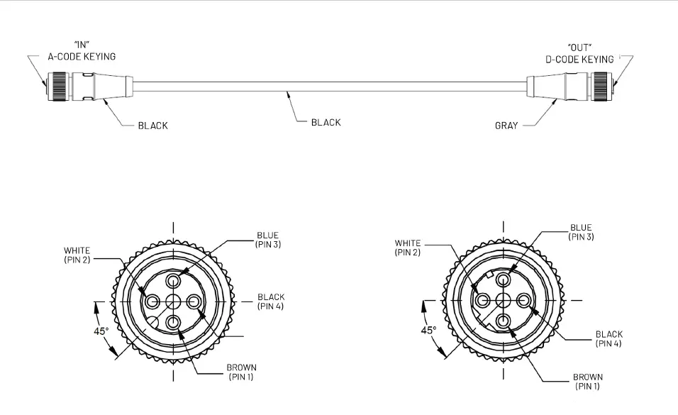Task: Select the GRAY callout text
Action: pyautogui.click(x=506, y=126)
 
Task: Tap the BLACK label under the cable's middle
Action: pyautogui.click(x=326, y=122)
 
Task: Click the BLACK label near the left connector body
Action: pyautogui.click(x=153, y=126)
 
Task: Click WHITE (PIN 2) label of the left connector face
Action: pyautogui.click(x=77, y=255)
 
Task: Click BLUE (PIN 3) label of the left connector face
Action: pyautogui.click(x=267, y=239)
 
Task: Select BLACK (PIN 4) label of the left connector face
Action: pyautogui.click(x=271, y=301)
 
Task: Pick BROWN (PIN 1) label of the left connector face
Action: pyautogui.click(x=241, y=372)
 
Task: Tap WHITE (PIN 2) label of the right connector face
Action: pyautogui.click(x=408, y=248)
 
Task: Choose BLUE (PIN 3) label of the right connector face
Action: pyautogui.click(x=581, y=232)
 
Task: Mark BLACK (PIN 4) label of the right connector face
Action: pyautogui.click(x=608, y=338)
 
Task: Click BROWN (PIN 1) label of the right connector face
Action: pyautogui.click(x=587, y=382)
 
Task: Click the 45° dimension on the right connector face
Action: pyautogui.click(x=428, y=331)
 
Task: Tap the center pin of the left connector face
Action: pyautogui.click(x=173, y=301)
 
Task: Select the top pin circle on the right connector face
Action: pyautogui.click(x=504, y=280)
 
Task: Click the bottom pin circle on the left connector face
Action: pyautogui.click(x=173, y=323)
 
